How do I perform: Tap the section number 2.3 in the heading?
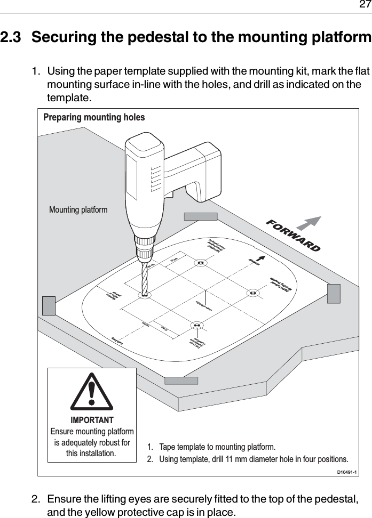pyautogui.click(x=11, y=38)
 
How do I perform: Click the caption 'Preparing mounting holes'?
pyautogui.click(x=94, y=117)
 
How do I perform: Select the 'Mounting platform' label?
pyautogui.click(x=78, y=210)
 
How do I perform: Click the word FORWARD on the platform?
pyautogui.click(x=293, y=234)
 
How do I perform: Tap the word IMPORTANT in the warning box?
pyautogui.click(x=92, y=420)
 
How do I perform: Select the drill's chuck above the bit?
pyautogui.click(x=144, y=246)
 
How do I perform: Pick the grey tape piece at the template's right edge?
pyautogui.click(x=334, y=294)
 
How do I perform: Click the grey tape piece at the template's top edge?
pyautogui.click(x=200, y=216)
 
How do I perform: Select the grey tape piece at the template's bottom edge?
pyautogui.click(x=181, y=381)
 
